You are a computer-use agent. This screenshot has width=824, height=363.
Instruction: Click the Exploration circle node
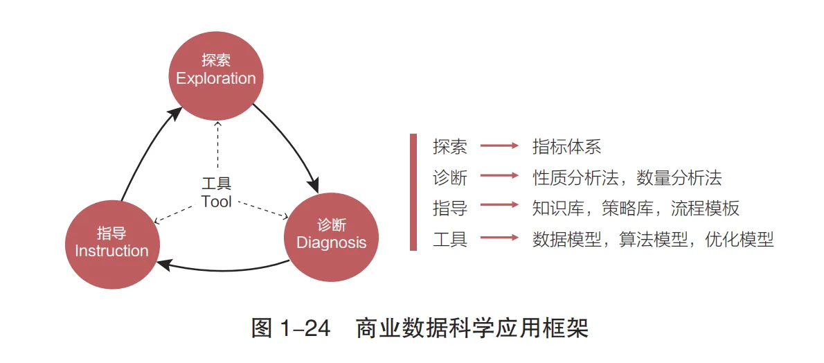pyautogui.click(x=216, y=70)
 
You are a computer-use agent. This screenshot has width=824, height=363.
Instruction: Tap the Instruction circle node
pyautogui.click(x=111, y=242)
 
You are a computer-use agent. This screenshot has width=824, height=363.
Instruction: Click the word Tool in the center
pyautogui.click(x=216, y=202)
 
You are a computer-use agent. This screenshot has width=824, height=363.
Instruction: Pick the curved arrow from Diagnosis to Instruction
pyautogui.click(x=222, y=269)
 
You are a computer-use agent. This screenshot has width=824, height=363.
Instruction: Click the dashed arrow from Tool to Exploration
pyautogui.click(x=217, y=145)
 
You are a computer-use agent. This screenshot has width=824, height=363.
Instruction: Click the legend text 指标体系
pyautogui.click(x=566, y=147)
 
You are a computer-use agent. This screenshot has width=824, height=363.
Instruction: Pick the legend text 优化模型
pyautogui.click(x=739, y=240)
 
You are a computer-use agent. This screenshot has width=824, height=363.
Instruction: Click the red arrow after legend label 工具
pyautogui.click(x=499, y=238)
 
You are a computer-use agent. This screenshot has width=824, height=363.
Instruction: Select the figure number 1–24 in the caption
pyautogui.click(x=305, y=328)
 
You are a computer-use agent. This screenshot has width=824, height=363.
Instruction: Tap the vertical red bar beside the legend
pyautogui.click(x=413, y=192)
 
